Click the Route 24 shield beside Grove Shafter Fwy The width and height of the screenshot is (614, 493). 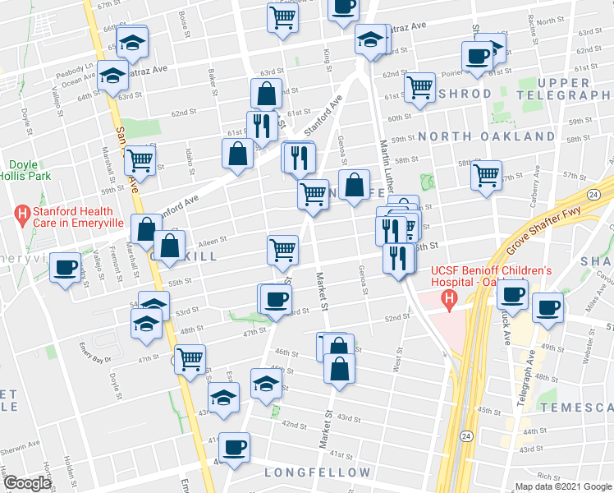coord(595,193)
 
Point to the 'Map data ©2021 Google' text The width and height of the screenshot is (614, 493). coord(562,486)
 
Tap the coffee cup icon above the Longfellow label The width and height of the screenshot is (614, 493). coord(234,447)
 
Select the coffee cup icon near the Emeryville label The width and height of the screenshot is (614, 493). coord(65,268)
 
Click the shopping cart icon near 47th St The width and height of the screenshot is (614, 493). coord(190,359)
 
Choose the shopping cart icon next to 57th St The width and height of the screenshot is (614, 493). coord(487,174)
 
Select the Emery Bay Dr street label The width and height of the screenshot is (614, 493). coord(98,348)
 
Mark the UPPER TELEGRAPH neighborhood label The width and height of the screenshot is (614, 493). coord(564,89)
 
